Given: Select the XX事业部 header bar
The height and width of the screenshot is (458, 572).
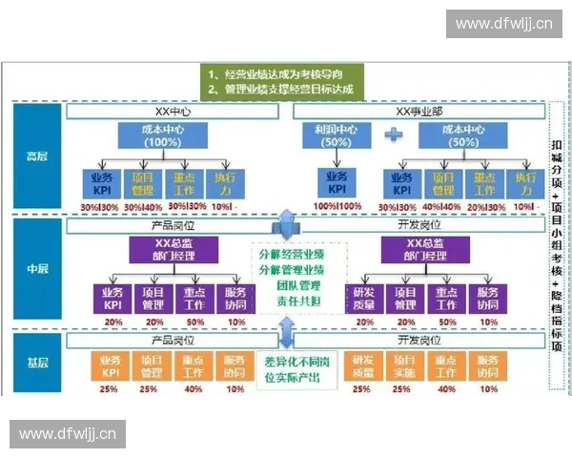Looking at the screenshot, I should tap(419, 112).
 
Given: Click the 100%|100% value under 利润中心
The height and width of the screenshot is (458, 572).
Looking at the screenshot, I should tap(337, 205).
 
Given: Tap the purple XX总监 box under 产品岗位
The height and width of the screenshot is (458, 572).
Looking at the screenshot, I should tap(174, 250).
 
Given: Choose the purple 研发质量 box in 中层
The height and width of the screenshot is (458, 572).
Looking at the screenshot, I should tap(363, 298).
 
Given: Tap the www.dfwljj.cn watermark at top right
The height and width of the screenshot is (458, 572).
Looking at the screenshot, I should tap(502, 23).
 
